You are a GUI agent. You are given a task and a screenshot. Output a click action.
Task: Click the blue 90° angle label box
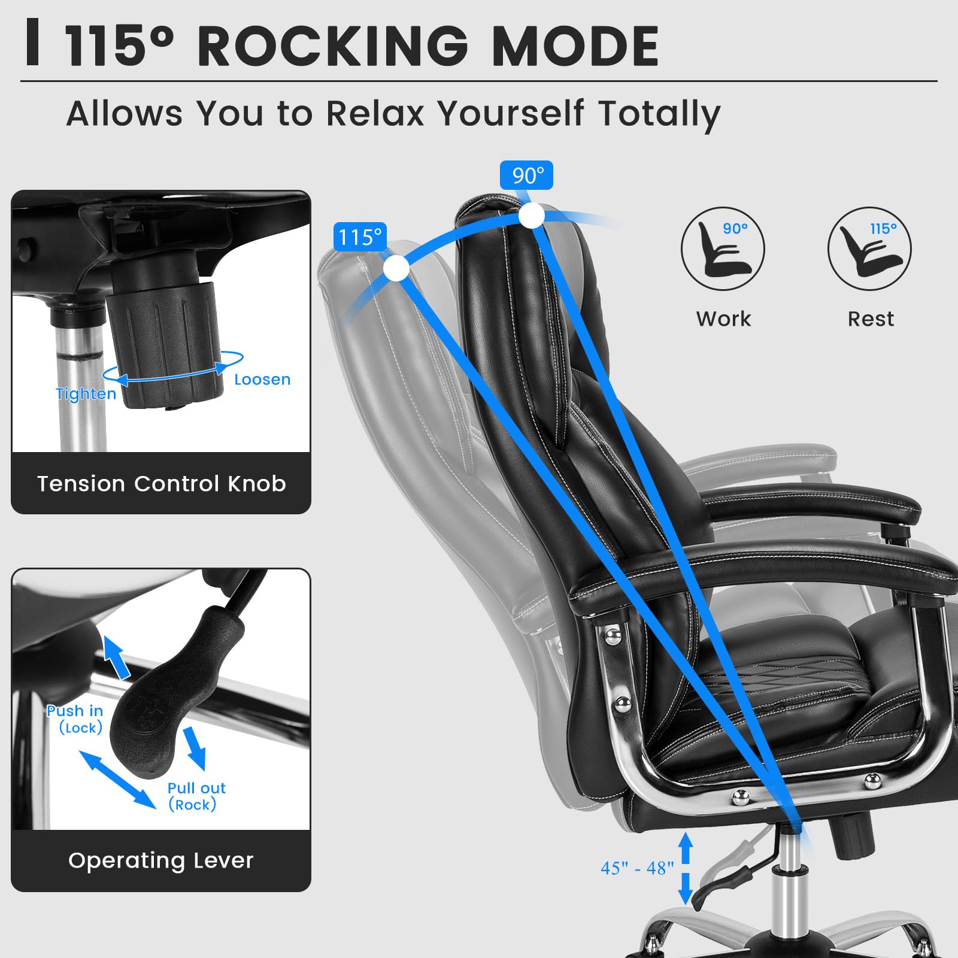[x=526, y=175]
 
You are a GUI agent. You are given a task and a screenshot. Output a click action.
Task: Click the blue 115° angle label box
[x=359, y=237]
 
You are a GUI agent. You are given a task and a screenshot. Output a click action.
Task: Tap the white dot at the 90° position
[x=531, y=216]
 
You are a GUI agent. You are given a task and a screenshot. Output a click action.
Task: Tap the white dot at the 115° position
[x=396, y=268]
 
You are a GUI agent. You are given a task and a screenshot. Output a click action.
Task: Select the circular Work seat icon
[x=723, y=249]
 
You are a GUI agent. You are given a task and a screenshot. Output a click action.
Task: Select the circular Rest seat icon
[x=869, y=249]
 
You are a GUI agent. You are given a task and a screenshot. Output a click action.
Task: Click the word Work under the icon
[x=723, y=319]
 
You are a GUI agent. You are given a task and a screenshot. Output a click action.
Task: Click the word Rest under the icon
[x=871, y=319]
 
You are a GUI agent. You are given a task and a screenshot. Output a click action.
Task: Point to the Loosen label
[x=262, y=380]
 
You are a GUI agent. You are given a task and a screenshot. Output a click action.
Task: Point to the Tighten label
[x=86, y=394]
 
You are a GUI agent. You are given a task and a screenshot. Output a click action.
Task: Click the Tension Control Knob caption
[x=161, y=484]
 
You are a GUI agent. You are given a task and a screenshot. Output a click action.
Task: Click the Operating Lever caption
[x=161, y=860]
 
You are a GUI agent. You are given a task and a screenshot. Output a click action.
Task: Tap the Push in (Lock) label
[x=75, y=719]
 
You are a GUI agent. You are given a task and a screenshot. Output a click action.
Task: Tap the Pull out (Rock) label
[x=196, y=796]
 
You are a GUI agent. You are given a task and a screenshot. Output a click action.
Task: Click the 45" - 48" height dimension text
[x=637, y=868]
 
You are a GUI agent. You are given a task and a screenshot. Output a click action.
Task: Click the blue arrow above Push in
[x=116, y=657]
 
